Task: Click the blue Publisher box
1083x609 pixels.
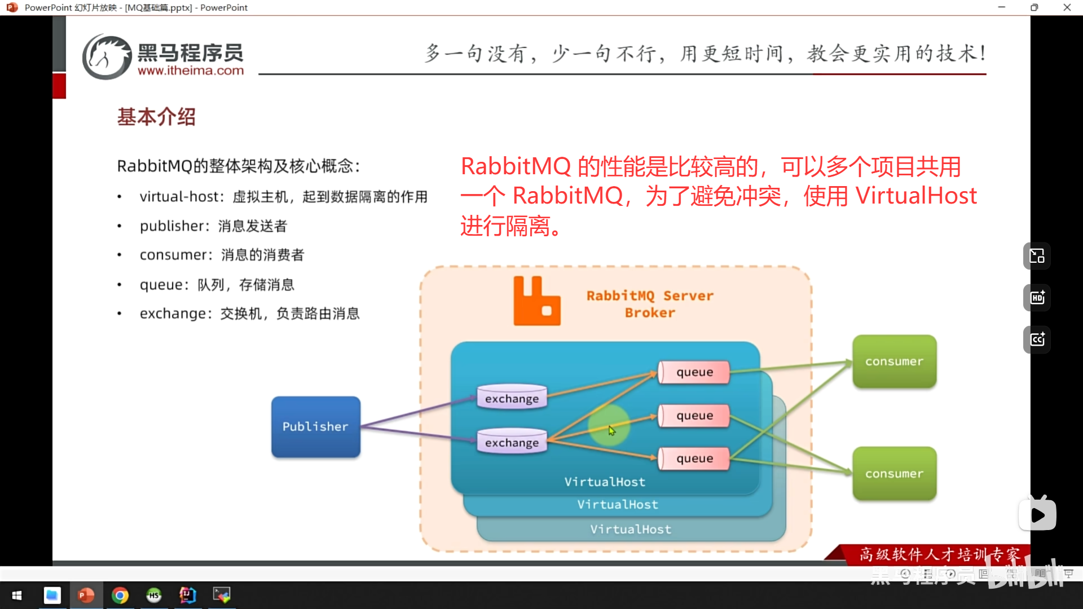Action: [315, 427]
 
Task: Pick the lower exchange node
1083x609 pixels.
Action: [512, 442]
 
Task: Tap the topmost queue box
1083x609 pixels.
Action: [694, 372]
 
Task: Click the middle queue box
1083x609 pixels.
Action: [694, 416]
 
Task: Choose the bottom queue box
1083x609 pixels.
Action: [694, 458]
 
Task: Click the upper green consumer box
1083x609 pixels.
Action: [894, 361]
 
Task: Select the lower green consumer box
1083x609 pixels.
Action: [894, 474]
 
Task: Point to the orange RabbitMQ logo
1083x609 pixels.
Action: [536, 301]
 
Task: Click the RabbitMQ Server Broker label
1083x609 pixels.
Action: [650, 304]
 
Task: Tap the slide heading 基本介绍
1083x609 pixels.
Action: [156, 117]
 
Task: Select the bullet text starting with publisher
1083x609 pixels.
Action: [213, 226]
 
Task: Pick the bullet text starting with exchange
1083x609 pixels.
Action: [249, 314]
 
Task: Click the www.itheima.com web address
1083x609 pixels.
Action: [191, 70]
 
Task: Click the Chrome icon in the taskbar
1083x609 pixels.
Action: [120, 595]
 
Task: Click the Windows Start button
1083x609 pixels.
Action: [17, 595]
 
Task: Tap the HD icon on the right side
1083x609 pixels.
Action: [1037, 298]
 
